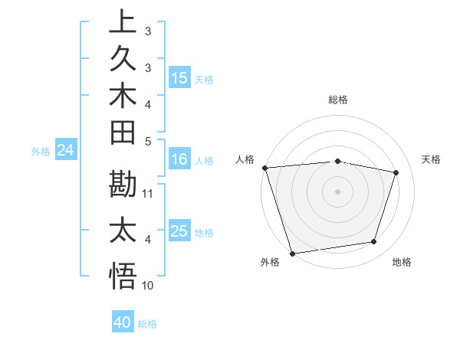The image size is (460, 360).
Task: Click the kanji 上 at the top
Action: [x=123, y=22]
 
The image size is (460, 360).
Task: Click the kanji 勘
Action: [x=123, y=185]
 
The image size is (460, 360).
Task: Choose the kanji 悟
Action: [x=123, y=277]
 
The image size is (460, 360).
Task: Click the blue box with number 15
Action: [x=179, y=78]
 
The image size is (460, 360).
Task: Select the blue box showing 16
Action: [x=179, y=160]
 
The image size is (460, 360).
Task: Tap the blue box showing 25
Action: [x=179, y=231]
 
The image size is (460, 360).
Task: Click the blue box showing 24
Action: [x=65, y=151]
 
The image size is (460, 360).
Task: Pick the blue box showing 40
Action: [x=123, y=322]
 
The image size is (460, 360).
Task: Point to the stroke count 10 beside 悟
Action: [x=149, y=286]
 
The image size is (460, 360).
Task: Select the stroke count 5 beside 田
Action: [x=148, y=141]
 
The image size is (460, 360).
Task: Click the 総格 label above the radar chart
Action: [x=338, y=100]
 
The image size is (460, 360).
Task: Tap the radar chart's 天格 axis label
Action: [x=432, y=159]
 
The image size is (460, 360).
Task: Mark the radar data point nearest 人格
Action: [x=264, y=168]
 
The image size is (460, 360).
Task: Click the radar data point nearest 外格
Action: [x=292, y=253]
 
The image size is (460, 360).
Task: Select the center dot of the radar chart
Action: [x=338, y=191]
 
